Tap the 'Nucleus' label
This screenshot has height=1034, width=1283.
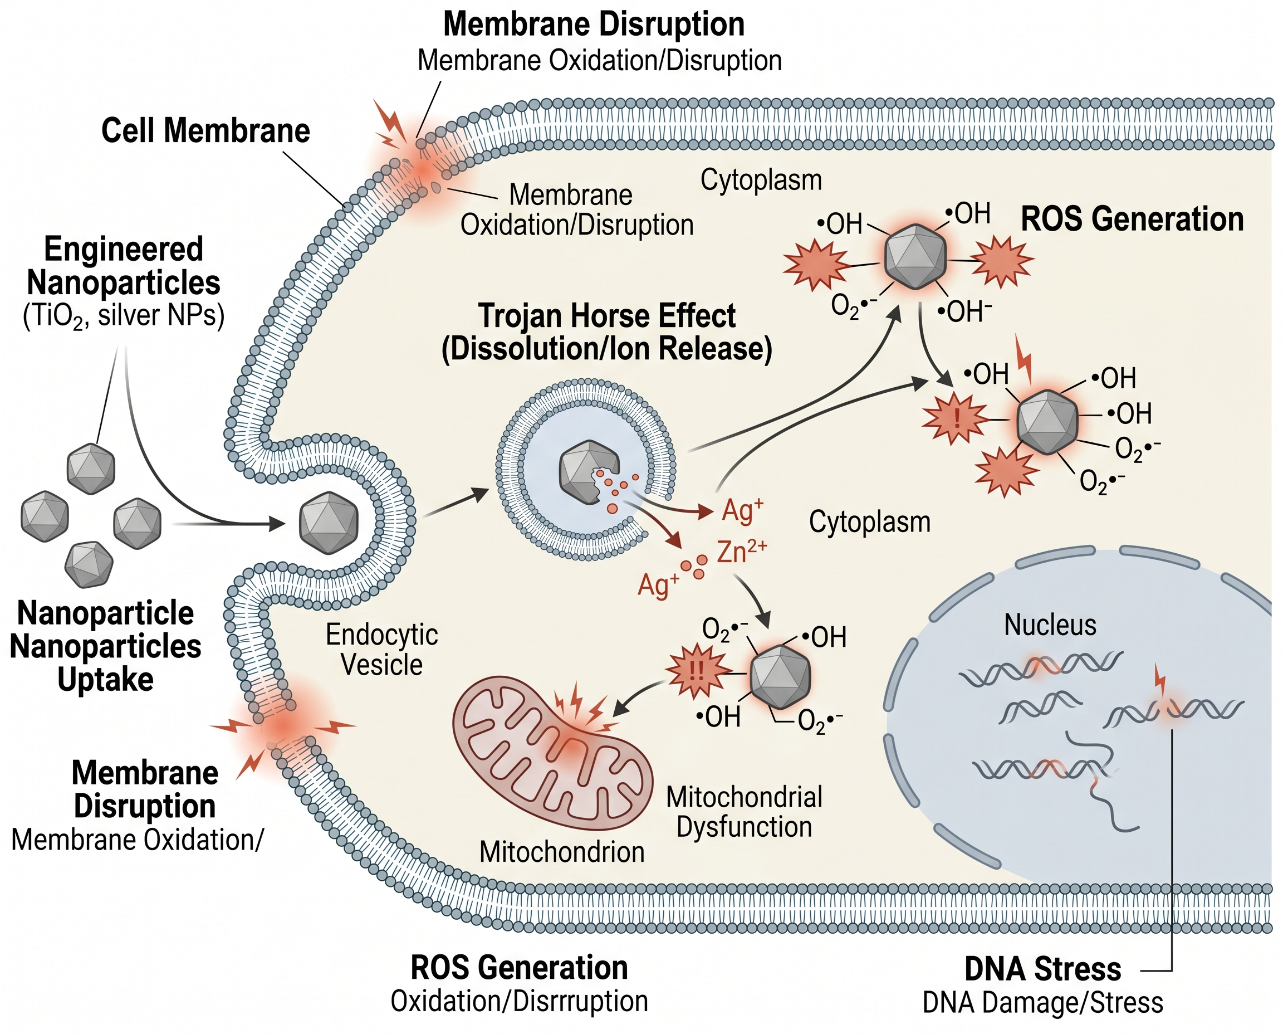coord(1050,626)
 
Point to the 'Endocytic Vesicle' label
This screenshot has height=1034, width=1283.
coord(381,649)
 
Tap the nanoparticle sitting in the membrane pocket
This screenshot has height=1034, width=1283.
coord(329,524)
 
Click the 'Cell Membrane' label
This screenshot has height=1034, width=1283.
coord(205,130)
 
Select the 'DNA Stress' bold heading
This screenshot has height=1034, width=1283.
coord(1042,968)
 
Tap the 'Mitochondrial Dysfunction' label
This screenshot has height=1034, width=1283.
coord(743,812)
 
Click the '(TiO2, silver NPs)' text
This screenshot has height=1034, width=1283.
coord(124,315)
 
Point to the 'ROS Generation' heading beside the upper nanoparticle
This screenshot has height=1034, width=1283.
coord(1132,219)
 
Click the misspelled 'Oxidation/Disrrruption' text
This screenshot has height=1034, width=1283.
coord(519,1001)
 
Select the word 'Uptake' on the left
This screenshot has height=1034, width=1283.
coord(105,680)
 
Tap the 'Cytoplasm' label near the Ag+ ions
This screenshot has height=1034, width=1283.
coord(869,522)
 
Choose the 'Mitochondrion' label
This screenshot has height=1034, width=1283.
coord(561,852)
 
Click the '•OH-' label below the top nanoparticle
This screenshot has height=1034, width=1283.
coord(964,311)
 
